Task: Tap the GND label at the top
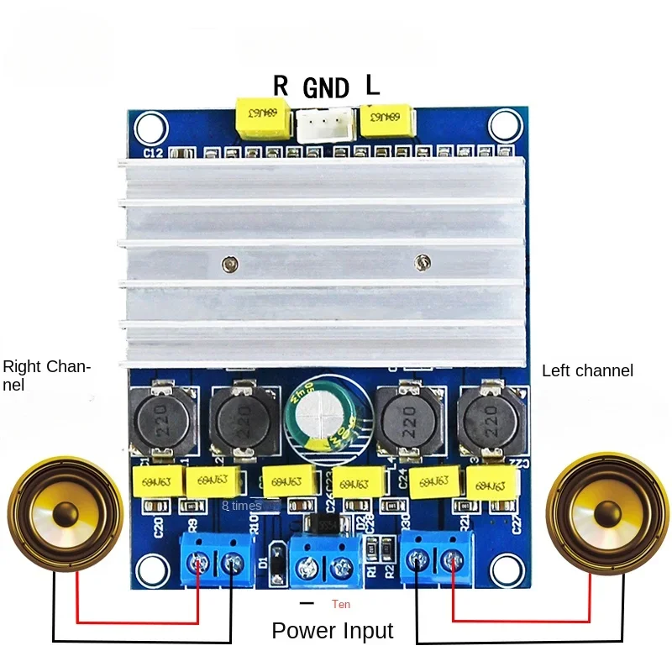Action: tap(325, 87)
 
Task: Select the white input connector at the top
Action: tap(323, 126)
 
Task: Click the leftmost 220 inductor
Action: tap(161, 416)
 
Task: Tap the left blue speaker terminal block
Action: tap(214, 557)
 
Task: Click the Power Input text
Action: tap(333, 631)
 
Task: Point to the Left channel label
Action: tap(587, 370)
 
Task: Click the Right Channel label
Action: tap(47, 375)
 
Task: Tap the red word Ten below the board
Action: tap(340, 604)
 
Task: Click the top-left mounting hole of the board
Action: tap(150, 128)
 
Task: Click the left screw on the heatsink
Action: tap(228, 265)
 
